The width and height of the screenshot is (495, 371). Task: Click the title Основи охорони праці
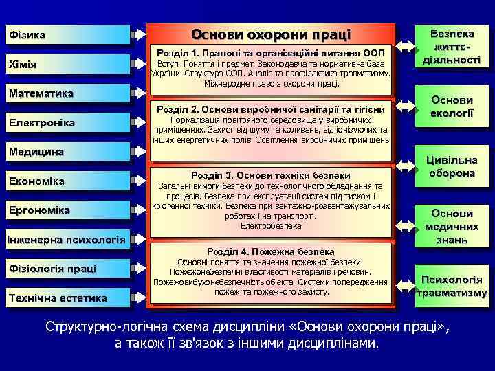click(x=271, y=34)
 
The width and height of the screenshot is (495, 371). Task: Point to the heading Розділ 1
click(x=271, y=52)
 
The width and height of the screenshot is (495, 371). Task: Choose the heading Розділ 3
click(x=271, y=175)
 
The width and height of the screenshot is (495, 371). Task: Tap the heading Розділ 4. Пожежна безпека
click(x=271, y=251)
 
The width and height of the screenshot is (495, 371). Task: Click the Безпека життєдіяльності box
click(x=452, y=47)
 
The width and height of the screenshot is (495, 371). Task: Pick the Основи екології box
click(x=452, y=106)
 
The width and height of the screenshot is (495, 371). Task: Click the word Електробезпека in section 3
click(x=272, y=225)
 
